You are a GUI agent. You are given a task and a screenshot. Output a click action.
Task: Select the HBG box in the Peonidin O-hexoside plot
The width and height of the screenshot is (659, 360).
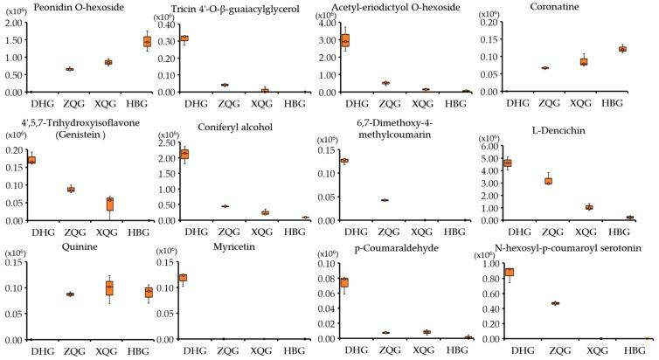click(x=147, y=41)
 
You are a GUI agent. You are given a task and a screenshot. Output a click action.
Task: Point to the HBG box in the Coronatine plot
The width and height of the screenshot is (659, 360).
click(x=648, y=49)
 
